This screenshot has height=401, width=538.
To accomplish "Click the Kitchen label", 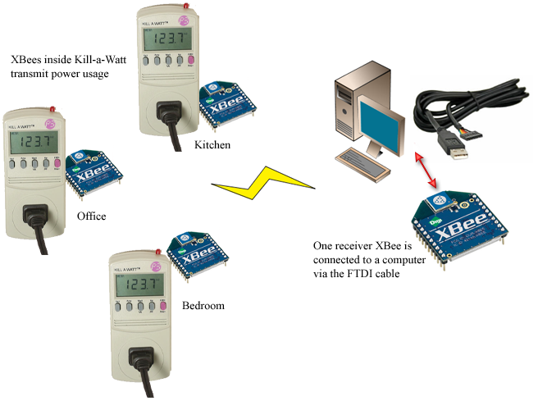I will pos(212,145).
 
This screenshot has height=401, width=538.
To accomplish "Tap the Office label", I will pos(91,216).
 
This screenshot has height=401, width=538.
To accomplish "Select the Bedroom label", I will pos(203,306).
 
